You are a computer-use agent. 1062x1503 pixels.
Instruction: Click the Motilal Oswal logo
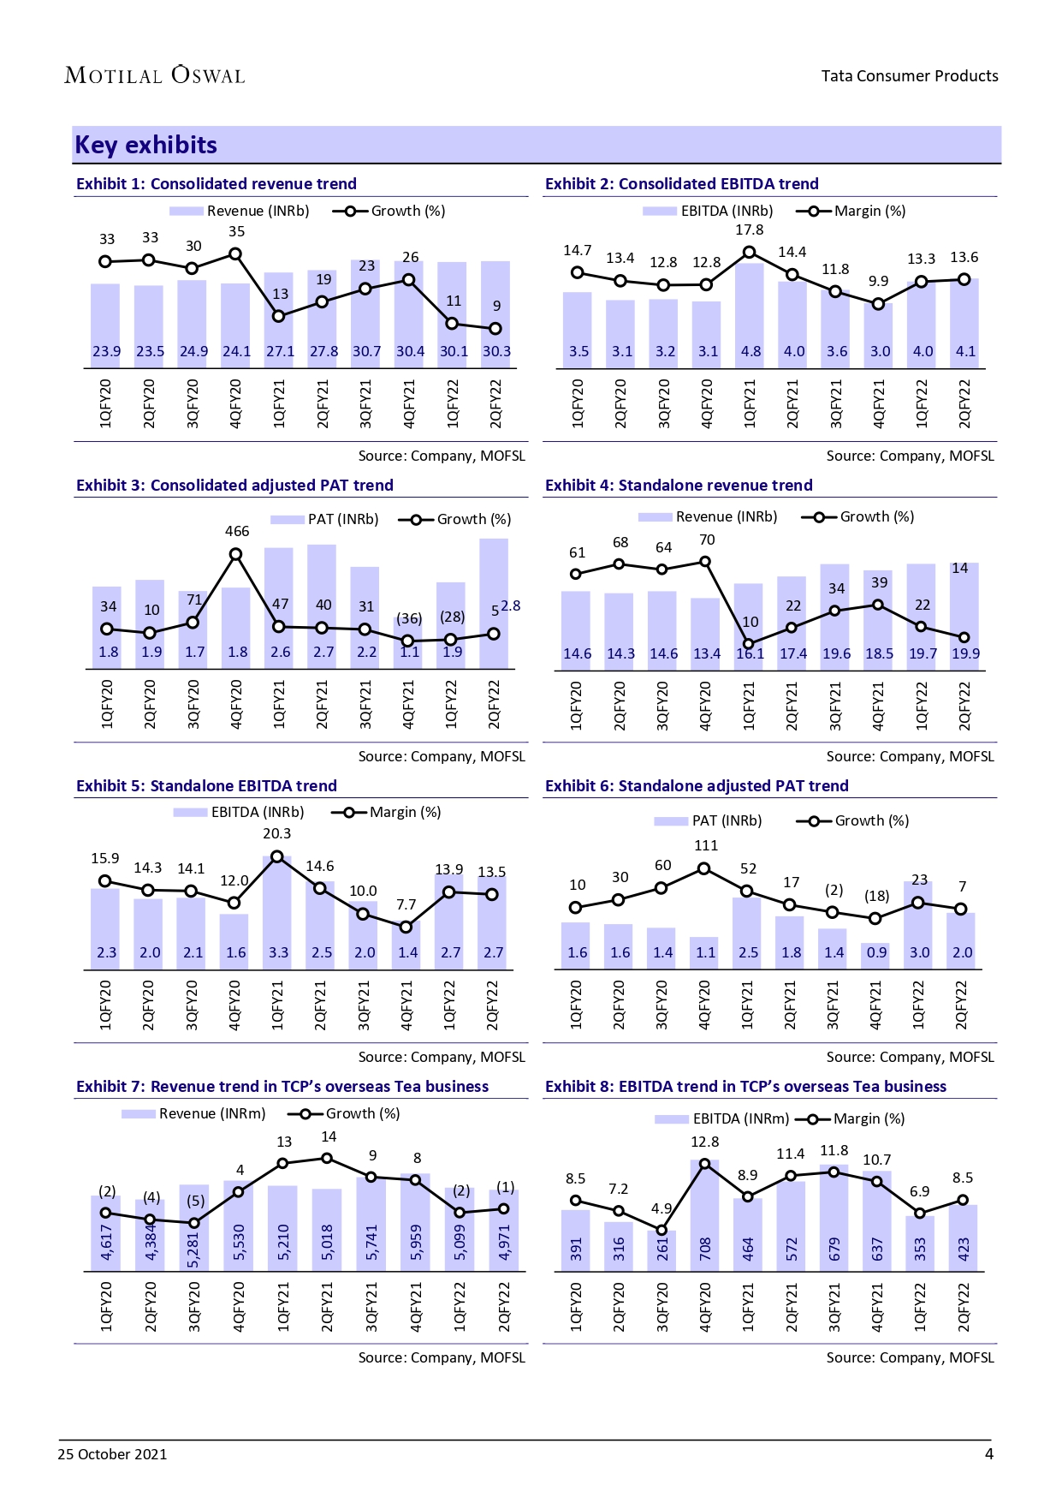pos(155,75)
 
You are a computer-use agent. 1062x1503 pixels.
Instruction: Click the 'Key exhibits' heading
pos(145,145)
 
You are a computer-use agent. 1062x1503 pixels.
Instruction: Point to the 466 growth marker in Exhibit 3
pos(236,554)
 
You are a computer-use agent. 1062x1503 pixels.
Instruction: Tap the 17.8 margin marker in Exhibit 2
pos(750,252)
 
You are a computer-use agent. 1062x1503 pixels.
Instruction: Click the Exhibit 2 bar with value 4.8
pos(750,317)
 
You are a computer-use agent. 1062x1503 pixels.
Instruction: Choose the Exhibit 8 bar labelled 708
pos(705,1216)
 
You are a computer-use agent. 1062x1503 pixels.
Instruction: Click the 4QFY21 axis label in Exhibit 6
pos(876,1005)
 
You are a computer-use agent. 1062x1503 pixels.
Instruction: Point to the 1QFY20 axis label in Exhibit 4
pos(576,706)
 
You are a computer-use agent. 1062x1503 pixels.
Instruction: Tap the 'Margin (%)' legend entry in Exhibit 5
pos(392,812)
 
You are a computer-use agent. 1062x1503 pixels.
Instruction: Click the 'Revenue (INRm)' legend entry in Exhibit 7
pos(194,1113)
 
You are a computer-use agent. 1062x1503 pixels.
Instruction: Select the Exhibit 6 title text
pos(697,785)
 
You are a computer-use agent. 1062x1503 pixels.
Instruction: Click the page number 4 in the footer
pos(989,1453)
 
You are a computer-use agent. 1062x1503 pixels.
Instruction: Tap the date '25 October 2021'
pos(112,1453)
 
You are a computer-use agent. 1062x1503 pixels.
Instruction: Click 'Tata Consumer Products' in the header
pos(909,75)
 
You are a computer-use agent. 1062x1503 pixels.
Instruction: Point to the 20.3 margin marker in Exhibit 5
pos(276,856)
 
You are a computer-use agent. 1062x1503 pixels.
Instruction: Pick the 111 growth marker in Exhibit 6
pos(704,868)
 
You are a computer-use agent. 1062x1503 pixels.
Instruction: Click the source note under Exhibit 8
pos(910,1357)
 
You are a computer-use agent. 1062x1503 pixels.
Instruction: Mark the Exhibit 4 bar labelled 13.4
pos(706,634)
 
